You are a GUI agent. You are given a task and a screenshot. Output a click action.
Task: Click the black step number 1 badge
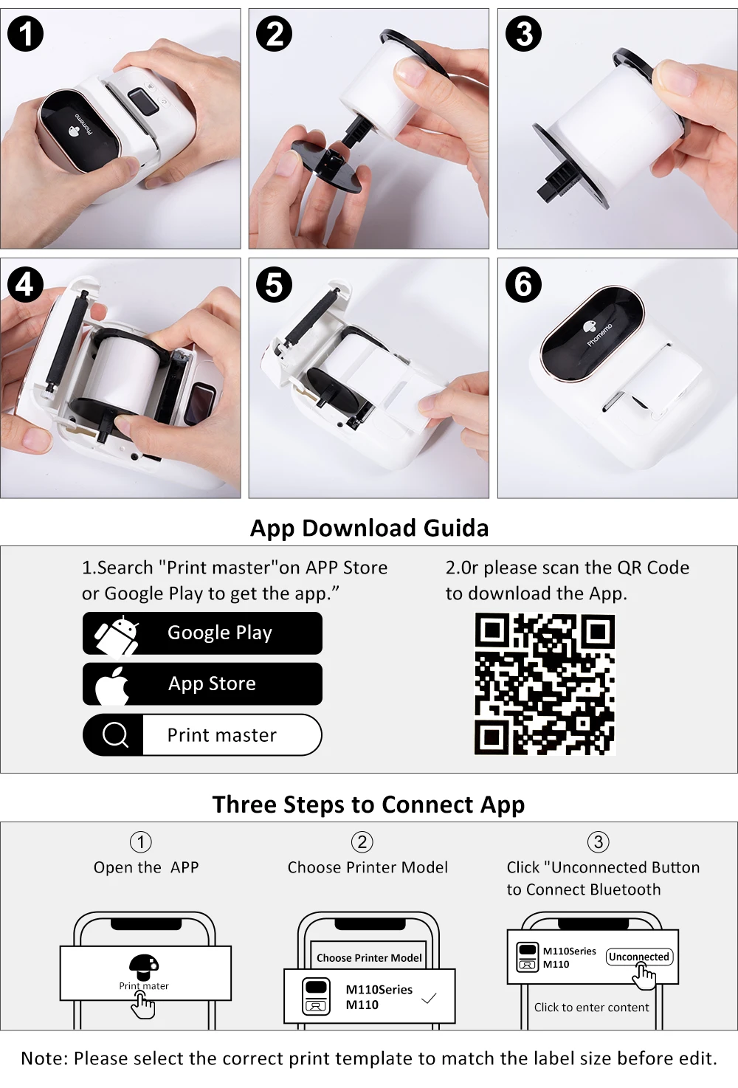(x=25, y=34)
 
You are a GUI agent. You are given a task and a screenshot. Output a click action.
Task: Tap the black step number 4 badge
(x=25, y=284)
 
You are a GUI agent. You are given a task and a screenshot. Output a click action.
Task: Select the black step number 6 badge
(x=523, y=284)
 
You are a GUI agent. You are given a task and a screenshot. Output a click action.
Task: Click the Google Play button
(x=202, y=633)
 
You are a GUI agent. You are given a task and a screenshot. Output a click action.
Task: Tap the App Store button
(x=202, y=684)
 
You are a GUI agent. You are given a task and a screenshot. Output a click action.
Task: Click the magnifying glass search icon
(x=116, y=735)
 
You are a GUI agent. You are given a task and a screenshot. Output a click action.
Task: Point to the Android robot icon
(x=117, y=635)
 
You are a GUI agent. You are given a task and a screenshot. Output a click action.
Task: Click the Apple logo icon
(x=112, y=685)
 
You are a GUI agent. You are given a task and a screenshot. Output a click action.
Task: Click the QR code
(x=545, y=684)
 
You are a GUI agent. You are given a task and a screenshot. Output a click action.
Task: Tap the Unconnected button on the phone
(x=639, y=957)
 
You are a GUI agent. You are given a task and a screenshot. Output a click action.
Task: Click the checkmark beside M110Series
(x=429, y=999)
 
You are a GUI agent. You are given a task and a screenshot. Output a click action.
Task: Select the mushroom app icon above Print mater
(x=144, y=967)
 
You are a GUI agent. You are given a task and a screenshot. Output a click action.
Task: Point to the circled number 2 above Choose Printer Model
(x=362, y=841)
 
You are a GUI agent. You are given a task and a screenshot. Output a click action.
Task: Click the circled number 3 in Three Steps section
(x=599, y=841)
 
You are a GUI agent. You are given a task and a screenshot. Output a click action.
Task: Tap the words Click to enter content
(x=591, y=1008)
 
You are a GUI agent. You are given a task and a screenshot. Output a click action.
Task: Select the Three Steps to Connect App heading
(x=368, y=805)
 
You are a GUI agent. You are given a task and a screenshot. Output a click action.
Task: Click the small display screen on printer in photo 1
(x=144, y=101)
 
